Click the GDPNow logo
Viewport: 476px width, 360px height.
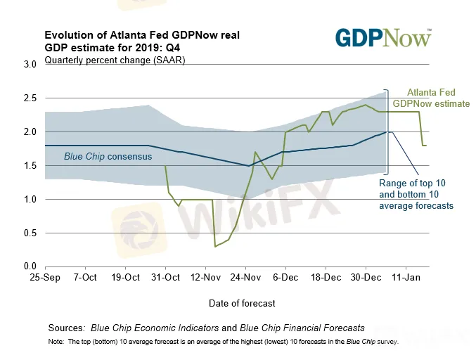[383, 38]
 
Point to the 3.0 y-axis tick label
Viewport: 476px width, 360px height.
[30, 65]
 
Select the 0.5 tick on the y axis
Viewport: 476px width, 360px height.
[30, 233]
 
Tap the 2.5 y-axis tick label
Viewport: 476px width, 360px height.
[30, 98]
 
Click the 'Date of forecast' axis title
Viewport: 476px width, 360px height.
[241, 303]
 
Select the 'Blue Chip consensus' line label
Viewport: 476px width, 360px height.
[108, 155]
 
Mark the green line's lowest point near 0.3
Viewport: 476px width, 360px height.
[215, 246]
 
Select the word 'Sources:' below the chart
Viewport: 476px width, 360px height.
[67, 328]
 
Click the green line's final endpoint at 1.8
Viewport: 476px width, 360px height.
[426, 146]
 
